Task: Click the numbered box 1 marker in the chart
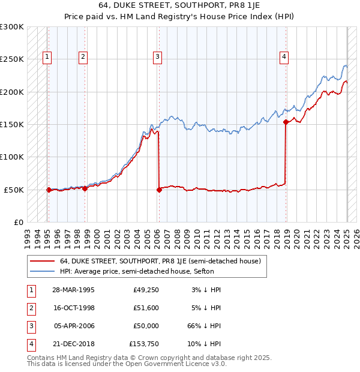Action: click(47, 57)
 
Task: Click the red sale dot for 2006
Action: click(159, 190)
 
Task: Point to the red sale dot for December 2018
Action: click(285, 122)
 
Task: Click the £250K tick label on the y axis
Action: click(12, 59)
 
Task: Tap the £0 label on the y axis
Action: click(19, 222)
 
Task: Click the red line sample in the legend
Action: click(41, 261)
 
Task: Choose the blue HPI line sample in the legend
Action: click(41, 271)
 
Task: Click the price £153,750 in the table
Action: click(144, 344)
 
